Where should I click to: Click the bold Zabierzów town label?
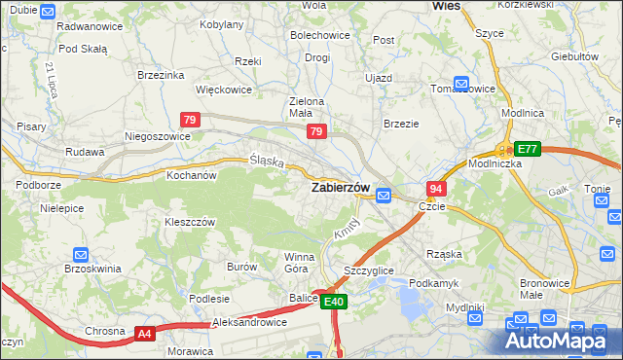pos(339,188)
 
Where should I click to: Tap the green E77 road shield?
pos(527,149)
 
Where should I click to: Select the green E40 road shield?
pos(334,303)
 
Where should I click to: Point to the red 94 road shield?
pos(436,188)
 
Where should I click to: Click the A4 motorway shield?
pos(145,334)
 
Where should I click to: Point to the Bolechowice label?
pos(320,35)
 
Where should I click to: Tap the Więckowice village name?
pos(224,90)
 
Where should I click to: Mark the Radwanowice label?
pos(90,26)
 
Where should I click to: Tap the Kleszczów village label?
pos(189,222)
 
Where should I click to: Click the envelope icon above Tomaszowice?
pos(461,84)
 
